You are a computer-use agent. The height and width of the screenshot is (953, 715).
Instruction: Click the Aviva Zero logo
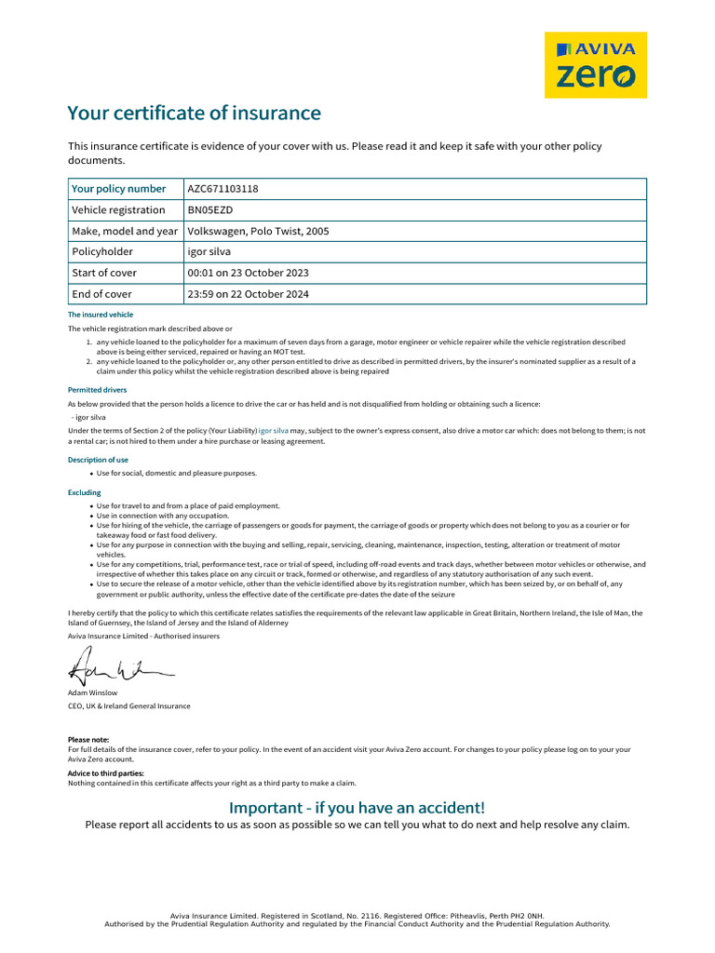pos(595,64)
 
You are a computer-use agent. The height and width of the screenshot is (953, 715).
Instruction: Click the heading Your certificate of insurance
pos(194,114)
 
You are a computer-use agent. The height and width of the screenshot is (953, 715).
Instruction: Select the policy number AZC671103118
pos(223,189)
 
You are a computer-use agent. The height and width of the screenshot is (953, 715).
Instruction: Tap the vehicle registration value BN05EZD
pos(209,210)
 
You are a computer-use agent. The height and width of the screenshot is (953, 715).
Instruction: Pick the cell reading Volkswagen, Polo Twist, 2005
pos(258,231)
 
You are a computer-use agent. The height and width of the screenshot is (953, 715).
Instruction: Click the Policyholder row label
pos(102,252)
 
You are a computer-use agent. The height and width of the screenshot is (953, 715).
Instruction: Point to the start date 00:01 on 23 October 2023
pos(248,273)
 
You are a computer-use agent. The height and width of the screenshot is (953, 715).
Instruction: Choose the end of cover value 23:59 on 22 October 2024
pos(248,294)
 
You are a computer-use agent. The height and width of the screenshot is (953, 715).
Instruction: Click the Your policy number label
pos(118,189)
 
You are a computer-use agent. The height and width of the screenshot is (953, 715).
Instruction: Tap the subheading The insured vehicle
pos(101,315)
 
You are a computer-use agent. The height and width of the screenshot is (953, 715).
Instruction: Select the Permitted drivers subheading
pos(97,390)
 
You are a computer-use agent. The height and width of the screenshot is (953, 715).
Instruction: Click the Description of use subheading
pos(98,460)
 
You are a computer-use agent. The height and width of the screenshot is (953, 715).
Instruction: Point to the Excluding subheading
pos(84,492)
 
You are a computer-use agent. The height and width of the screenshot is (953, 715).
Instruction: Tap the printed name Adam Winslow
pos(92,692)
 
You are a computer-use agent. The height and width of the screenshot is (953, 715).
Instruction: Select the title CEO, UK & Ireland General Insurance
pos(128,706)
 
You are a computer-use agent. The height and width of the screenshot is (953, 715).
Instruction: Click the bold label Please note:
pos(88,740)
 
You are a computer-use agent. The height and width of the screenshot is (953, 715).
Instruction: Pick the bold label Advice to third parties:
pos(105,773)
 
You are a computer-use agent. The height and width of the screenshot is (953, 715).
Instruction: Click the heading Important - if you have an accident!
pos(357,807)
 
